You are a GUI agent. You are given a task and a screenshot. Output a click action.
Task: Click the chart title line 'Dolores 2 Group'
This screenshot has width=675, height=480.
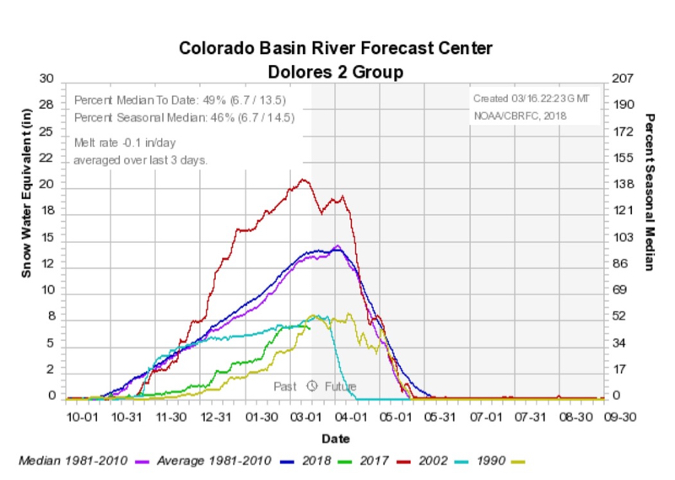[x=335, y=72]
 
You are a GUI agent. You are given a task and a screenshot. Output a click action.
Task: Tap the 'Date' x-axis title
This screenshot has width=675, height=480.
[x=335, y=439]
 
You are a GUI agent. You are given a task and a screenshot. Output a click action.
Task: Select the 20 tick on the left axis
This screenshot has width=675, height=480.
[x=47, y=185]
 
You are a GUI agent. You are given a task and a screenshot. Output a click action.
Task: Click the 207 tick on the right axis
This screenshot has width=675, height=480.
[x=620, y=78]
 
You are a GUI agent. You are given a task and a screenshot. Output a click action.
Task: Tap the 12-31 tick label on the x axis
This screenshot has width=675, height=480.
[x=217, y=417]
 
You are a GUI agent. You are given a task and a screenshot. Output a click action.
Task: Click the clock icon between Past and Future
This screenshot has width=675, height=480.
[x=311, y=386]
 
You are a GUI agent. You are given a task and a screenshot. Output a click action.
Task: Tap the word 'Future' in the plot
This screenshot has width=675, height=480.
[x=341, y=386]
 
